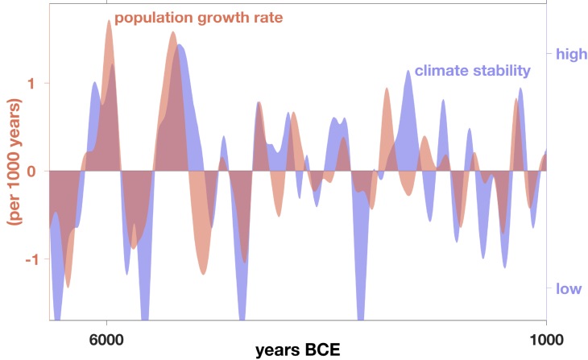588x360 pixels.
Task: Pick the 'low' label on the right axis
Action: tap(568, 288)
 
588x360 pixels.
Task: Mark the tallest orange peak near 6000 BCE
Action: tap(109, 21)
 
